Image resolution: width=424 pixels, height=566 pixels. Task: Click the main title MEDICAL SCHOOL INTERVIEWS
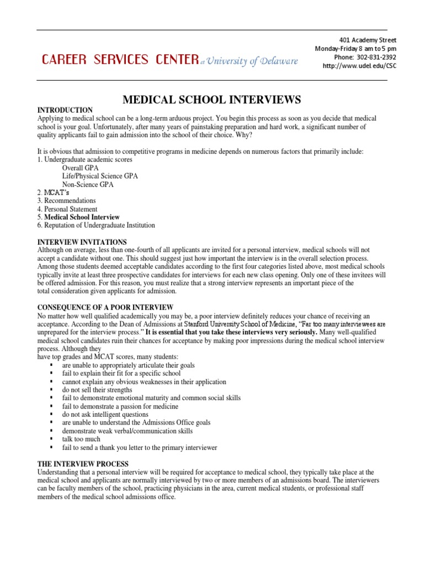coord(211,99)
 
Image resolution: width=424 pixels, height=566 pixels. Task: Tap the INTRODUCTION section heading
coord(65,111)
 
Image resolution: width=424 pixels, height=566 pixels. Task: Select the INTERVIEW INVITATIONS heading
coord(82,242)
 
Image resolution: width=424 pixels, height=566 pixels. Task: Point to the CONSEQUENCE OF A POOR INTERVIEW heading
coord(105,307)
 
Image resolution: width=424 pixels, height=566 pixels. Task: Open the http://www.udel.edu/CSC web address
coord(359,66)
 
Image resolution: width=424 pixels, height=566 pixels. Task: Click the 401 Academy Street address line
coord(367,40)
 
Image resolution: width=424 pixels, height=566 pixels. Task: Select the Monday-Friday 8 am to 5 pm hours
coord(356,49)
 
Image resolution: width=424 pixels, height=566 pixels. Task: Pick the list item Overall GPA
coord(82,168)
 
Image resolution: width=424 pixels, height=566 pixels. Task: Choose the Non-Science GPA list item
coord(88,185)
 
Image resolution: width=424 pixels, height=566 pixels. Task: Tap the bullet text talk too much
coord(81,439)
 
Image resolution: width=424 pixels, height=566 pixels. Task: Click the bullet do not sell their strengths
coord(97,390)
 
